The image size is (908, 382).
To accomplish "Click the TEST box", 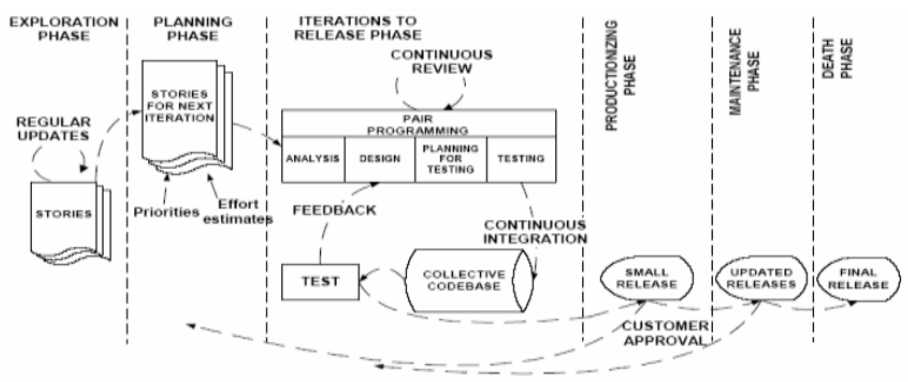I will click(320, 282).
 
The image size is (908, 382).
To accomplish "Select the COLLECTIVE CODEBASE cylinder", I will click(463, 280).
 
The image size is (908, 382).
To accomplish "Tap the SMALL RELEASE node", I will click(647, 278).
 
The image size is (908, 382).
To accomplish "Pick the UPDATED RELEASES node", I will click(761, 278).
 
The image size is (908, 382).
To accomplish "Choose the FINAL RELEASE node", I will click(858, 279).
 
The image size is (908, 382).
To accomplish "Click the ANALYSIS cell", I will click(313, 159).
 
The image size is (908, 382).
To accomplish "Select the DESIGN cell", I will click(380, 159).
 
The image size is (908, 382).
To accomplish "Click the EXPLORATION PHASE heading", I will click(64, 29).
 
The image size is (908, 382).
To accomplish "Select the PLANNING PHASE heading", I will click(193, 29).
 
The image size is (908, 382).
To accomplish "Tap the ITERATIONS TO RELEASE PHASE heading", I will click(358, 28).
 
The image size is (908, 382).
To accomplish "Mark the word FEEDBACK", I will click(334, 210).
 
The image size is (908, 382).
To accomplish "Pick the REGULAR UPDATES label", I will click(53, 129).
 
